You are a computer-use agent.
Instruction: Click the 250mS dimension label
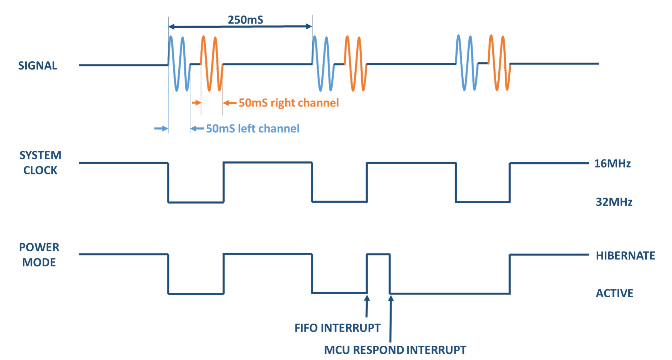245,20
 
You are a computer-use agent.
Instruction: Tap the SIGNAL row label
38,66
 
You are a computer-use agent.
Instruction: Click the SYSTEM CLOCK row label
40,163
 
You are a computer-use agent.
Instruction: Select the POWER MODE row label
39,255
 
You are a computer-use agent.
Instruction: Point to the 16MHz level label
612,164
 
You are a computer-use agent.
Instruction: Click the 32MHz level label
614,202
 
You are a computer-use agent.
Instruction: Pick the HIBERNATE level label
625,256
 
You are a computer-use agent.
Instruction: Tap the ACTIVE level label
614,293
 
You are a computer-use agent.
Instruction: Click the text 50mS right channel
288,103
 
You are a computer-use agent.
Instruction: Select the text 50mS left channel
252,129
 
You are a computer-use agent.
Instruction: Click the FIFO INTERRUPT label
337,328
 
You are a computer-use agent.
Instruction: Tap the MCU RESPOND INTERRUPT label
395,350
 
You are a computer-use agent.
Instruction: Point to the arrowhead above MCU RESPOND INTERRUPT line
391,298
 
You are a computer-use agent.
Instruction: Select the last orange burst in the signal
499,63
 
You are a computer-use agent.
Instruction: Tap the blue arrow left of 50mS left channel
197,128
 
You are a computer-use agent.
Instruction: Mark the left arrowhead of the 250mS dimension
172,26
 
